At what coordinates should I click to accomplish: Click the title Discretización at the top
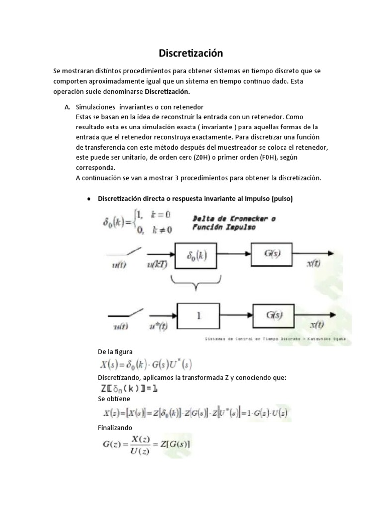pos(191,53)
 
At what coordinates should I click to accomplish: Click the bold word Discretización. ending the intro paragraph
pos(167,92)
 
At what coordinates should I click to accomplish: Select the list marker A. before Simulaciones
pos(68,107)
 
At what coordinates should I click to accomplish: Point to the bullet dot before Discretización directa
pos(88,199)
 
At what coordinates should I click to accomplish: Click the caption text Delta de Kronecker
pos(234,219)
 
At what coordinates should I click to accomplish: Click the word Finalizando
pos(115,428)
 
